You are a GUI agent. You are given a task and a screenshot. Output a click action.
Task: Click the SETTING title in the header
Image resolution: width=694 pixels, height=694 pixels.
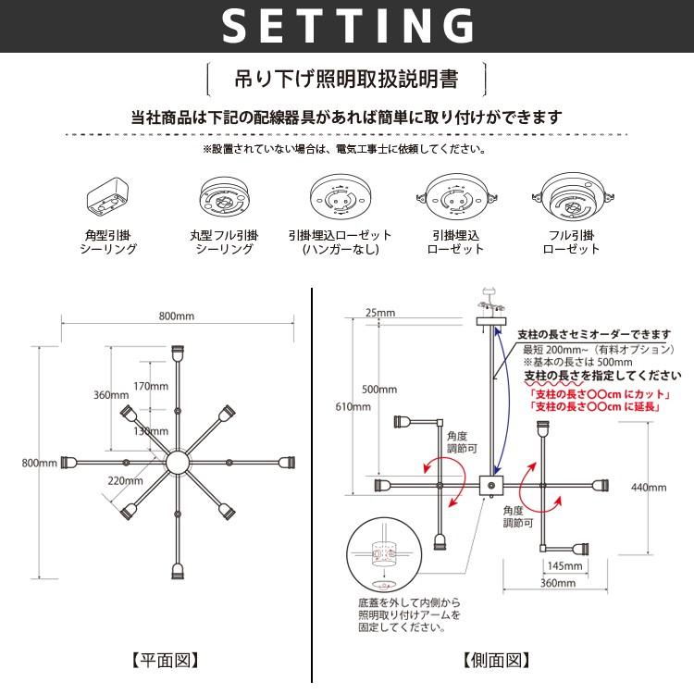coord(347,27)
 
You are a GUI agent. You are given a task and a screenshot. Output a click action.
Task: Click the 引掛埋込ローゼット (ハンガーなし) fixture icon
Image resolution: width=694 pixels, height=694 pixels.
coord(340,197)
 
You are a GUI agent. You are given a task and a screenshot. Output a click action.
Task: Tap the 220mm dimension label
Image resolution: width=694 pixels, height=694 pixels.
coord(125,480)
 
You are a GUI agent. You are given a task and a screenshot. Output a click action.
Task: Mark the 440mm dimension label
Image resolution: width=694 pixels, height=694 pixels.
coord(648,487)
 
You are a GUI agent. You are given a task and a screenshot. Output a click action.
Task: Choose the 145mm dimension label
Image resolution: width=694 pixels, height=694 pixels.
coord(564,565)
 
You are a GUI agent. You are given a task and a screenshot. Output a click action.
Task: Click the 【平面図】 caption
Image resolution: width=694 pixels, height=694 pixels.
coord(166,661)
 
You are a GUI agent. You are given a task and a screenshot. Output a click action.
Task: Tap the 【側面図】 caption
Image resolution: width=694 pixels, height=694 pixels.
coord(496,661)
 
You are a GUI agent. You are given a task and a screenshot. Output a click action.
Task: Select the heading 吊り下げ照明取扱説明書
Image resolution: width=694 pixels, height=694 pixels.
coord(346,79)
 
